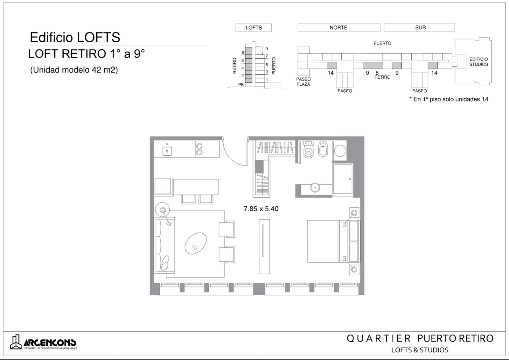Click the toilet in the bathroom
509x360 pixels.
308,149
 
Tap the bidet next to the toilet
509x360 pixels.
323,149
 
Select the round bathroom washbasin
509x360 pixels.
315,187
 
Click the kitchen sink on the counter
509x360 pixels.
167,151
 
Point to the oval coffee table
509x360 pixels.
196,243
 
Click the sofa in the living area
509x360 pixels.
164,245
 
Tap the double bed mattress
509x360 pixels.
323,241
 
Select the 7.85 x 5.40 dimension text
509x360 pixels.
261,209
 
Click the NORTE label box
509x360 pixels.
339,27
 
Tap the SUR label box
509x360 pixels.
419,27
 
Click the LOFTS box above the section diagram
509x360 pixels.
254,27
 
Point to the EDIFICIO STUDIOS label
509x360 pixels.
478,62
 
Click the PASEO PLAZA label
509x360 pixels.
303,81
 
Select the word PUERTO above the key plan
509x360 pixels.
382,43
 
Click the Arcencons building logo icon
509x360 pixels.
16,342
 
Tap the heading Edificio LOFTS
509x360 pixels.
75,37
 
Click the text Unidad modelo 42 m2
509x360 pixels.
74,70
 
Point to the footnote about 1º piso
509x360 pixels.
449,99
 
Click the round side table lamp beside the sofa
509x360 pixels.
163,209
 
